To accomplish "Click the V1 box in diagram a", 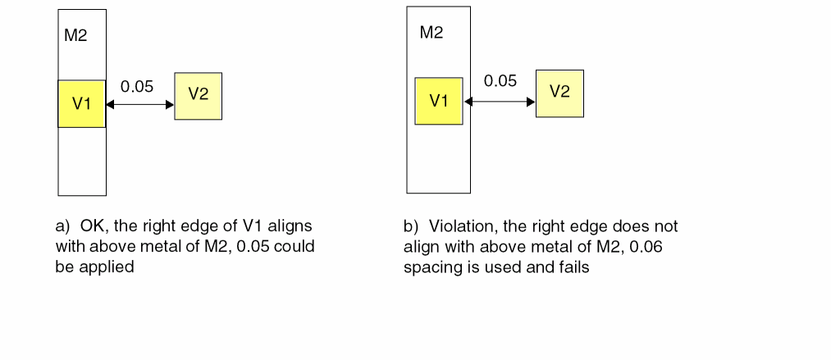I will click(x=81, y=103).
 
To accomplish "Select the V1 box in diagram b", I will click(x=439, y=101).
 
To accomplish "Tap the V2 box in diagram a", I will click(x=198, y=95).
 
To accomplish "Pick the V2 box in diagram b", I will click(x=559, y=93).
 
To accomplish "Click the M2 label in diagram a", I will click(x=75, y=37).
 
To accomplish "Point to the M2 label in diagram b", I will click(x=431, y=34).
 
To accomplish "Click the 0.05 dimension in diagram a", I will click(x=137, y=87).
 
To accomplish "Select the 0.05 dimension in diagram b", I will click(x=500, y=81).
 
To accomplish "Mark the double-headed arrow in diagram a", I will click(x=140, y=105).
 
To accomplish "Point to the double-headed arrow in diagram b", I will click(x=500, y=102).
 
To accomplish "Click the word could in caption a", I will click(x=296, y=246).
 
